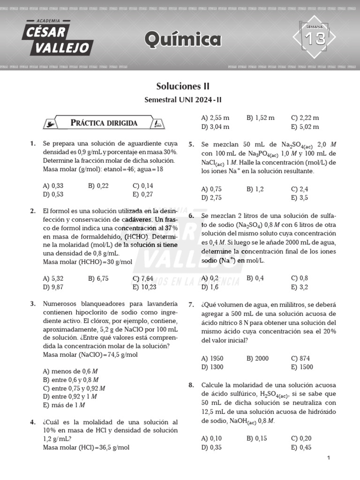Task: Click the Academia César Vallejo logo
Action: (59, 38)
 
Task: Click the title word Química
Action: (183, 40)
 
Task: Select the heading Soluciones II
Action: (182, 87)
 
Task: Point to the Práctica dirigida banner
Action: (104, 123)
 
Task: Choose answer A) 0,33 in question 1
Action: (53, 186)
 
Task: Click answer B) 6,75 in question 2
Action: (98, 278)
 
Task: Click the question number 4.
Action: (33, 422)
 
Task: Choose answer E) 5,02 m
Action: (305, 127)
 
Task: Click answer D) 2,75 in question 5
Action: (211, 197)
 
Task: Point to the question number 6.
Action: (191, 216)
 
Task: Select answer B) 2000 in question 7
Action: (257, 358)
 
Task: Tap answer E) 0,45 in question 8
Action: (301, 447)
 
